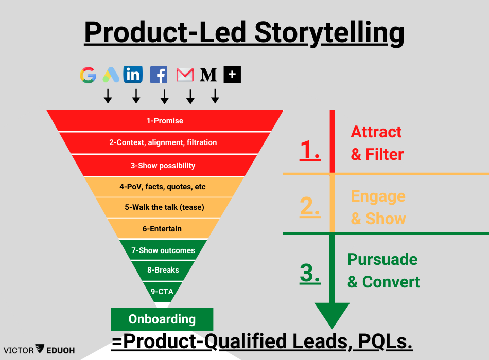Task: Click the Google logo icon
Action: [88, 75]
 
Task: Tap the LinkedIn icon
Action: [133, 75]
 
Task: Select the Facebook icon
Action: [159, 75]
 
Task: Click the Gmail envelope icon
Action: [185, 75]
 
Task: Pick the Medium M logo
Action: [208, 75]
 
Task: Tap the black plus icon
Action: [232, 75]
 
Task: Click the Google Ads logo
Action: [111, 75]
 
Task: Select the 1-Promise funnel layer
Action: [165, 121]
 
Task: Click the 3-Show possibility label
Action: [163, 166]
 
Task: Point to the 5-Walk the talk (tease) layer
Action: [164, 207]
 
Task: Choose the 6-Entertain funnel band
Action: [162, 228]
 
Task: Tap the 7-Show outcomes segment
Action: [163, 250]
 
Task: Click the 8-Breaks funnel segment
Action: [163, 270]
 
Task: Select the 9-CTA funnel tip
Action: [162, 292]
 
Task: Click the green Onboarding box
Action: [162, 319]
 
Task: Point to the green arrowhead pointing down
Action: [332, 314]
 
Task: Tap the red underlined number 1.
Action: [310, 150]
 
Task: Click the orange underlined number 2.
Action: [310, 207]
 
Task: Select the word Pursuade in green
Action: [382, 259]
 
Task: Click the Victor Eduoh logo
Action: [40, 350]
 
